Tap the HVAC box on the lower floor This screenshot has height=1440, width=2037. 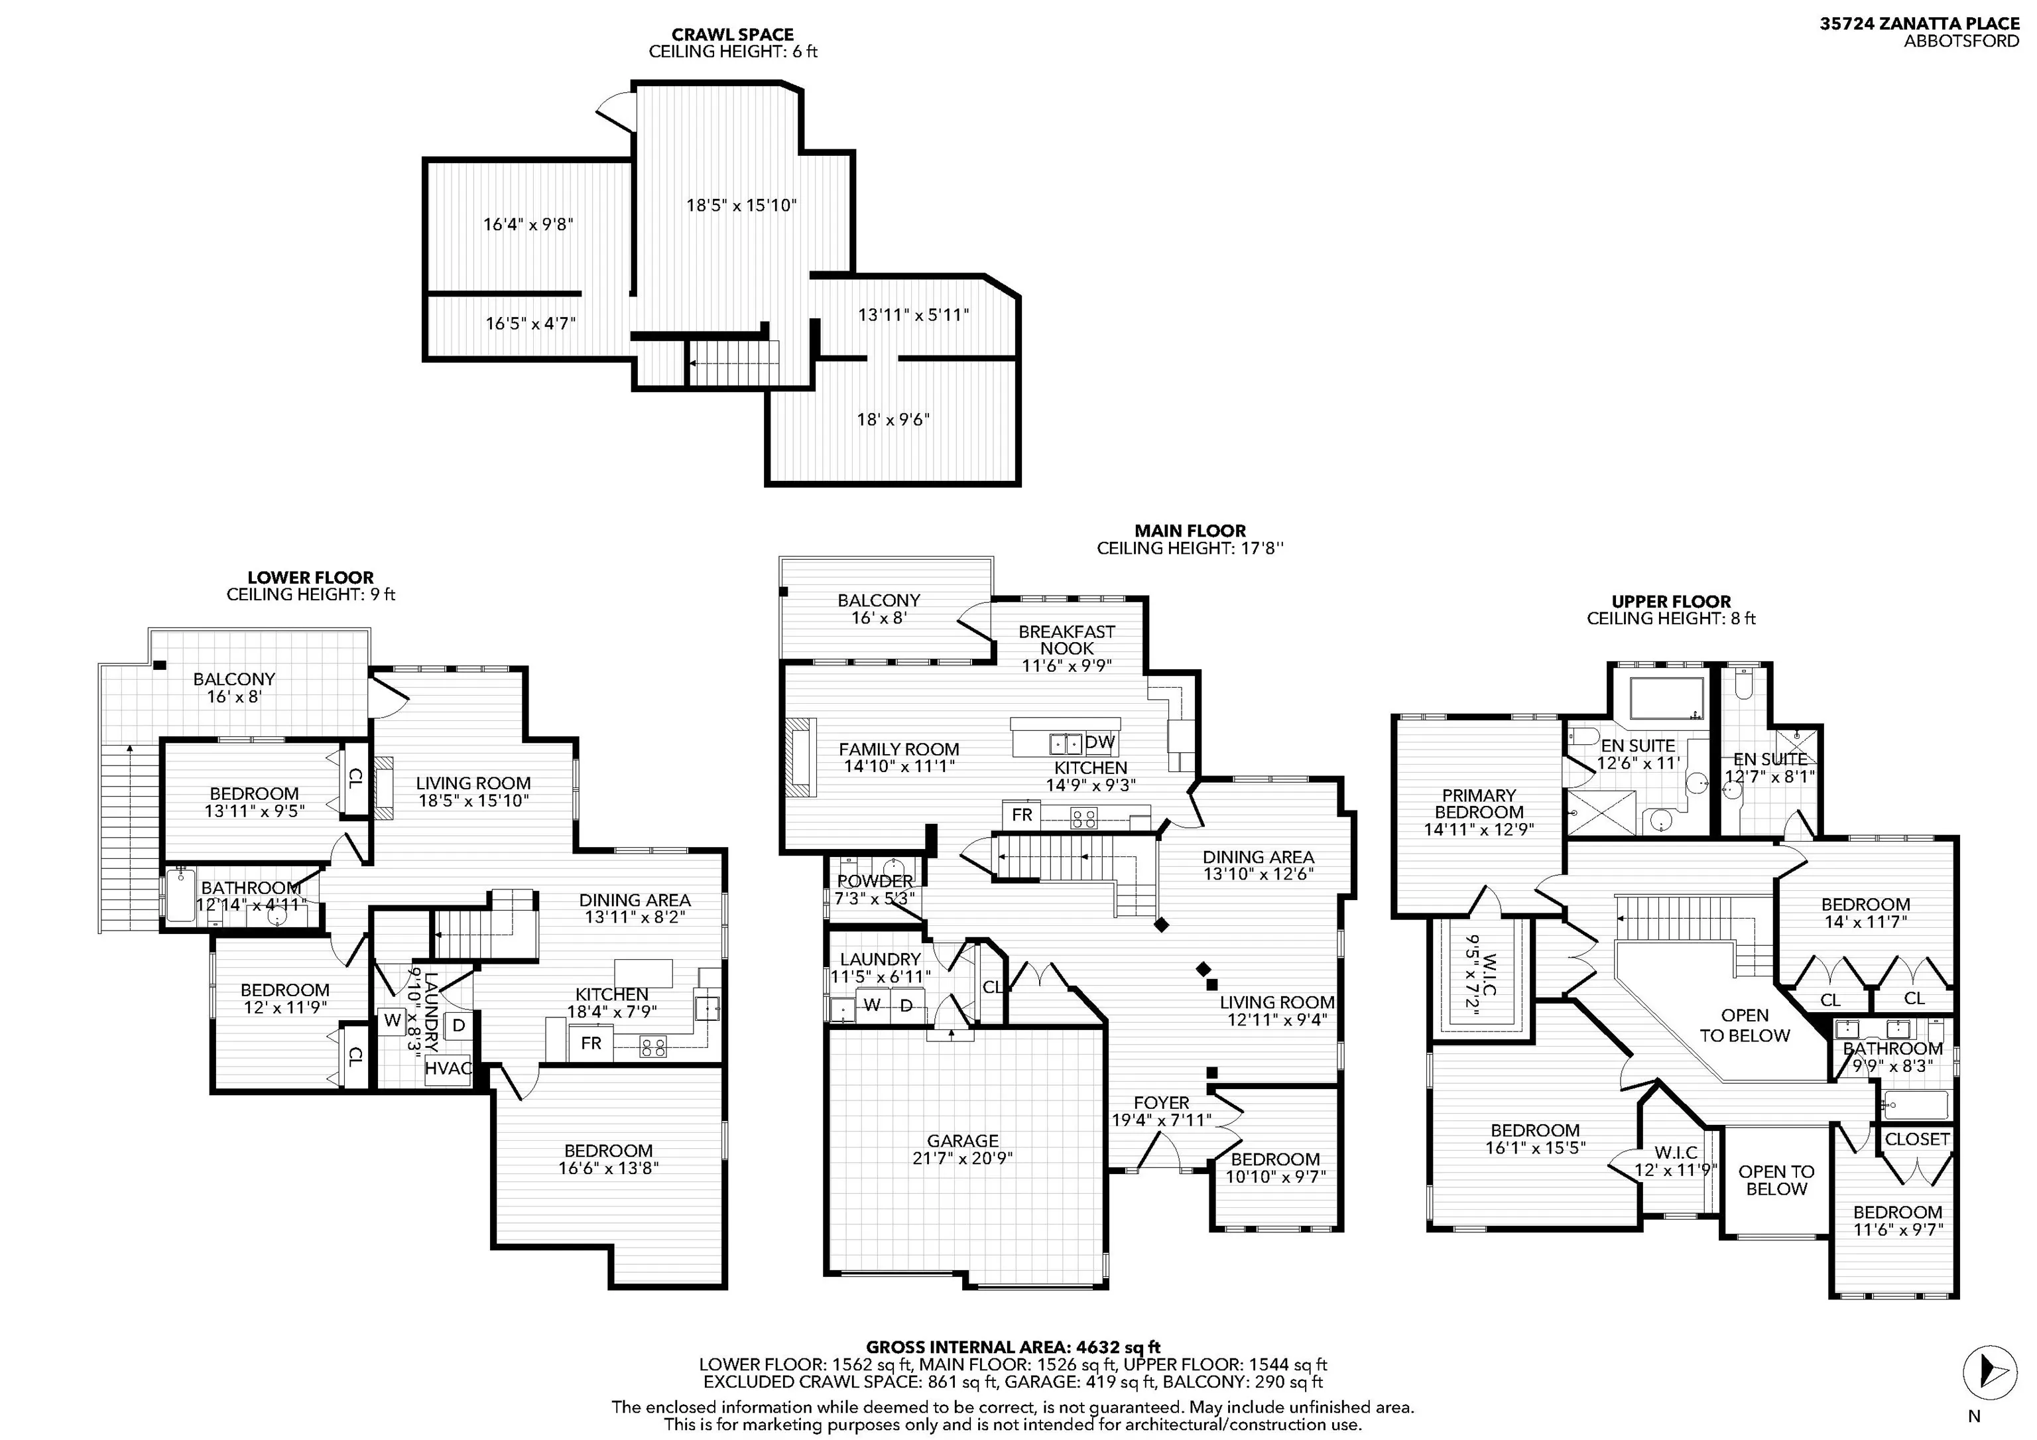point(448,1069)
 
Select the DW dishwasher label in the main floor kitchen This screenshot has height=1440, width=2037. point(1100,742)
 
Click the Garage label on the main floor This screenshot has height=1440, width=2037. point(963,1149)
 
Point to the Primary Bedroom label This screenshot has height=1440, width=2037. point(1479,812)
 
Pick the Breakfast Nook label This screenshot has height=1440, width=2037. point(1066,647)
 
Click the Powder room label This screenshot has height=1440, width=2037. point(875,889)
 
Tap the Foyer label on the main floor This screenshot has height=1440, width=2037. point(1161,1111)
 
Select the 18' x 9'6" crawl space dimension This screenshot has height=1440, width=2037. point(893,419)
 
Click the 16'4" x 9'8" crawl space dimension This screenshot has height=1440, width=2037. point(528,224)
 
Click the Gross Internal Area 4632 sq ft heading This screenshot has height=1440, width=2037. point(1013,1347)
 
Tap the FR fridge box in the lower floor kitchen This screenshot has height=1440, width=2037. point(591,1043)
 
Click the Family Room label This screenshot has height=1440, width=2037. point(898,757)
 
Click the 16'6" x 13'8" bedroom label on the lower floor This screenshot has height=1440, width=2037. point(609,1159)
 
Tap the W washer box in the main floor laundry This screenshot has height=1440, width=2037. point(872,1006)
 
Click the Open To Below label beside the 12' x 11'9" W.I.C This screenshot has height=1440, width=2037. point(1776,1180)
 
